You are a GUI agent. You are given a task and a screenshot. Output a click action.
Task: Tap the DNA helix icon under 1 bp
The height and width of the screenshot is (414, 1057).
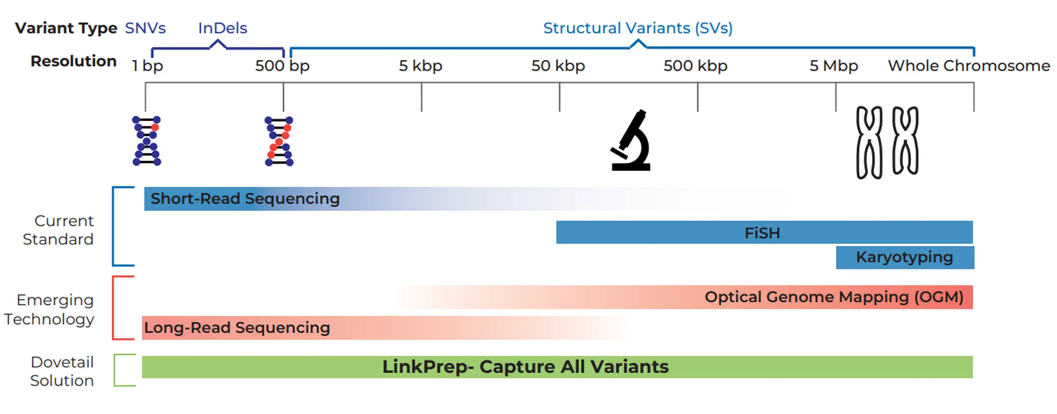147,141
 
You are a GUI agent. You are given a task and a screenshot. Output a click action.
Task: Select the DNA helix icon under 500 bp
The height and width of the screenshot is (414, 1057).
279,141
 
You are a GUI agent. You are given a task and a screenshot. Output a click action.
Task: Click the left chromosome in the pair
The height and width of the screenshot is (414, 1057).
869,142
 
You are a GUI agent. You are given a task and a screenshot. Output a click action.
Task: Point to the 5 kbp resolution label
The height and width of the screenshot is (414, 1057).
421,66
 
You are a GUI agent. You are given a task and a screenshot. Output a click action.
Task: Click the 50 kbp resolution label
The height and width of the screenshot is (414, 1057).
558,66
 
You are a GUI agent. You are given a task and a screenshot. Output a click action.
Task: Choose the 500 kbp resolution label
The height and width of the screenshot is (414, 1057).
695,66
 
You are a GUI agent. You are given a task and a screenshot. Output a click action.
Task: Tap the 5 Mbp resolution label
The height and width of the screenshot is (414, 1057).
834,66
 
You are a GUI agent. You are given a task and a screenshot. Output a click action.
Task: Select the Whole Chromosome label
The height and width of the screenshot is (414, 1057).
969,66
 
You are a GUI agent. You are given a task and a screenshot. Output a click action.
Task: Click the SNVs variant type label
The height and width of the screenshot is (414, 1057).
145,28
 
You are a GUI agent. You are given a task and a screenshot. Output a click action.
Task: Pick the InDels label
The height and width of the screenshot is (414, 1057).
222,28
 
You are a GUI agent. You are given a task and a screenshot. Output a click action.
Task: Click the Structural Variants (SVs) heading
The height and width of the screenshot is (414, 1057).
638,28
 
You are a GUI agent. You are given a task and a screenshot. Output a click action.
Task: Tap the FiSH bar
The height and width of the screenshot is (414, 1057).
765,232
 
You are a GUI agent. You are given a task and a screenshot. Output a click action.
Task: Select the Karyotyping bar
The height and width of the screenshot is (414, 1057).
905,257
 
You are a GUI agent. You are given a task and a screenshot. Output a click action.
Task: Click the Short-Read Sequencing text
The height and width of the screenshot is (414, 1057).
245,199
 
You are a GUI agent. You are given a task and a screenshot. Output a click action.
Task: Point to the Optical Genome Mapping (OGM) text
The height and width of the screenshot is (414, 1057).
834,297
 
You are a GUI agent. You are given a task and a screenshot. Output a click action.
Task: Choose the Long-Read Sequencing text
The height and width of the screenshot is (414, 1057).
237,328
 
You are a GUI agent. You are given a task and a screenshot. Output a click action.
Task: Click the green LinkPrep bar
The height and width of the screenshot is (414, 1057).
557,367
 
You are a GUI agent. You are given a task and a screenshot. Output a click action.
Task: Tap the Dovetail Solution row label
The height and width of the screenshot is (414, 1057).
62,371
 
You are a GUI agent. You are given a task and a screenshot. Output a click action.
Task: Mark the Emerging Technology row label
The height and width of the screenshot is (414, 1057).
49,310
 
